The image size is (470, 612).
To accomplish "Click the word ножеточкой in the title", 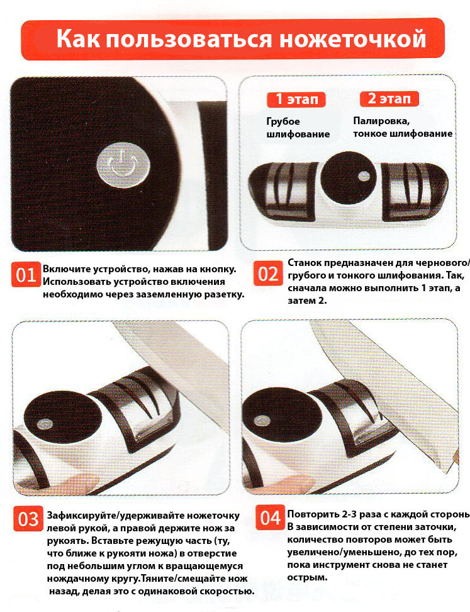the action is click(x=353, y=40).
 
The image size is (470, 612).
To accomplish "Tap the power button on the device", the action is click(x=123, y=165).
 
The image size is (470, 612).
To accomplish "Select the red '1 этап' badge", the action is click(x=296, y=99).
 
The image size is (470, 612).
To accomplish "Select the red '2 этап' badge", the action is click(x=389, y=98).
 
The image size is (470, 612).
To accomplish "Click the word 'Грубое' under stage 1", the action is click(x=283, y=122).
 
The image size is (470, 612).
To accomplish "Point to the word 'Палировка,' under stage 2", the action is click(x=381, y=121).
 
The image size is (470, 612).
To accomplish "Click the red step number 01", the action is click(x=26, y=275).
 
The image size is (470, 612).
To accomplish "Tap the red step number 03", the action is click(x=28, y=519).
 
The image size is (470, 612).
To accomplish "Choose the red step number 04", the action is click(x=271, y=517).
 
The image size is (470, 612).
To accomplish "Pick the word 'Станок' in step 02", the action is click(x=305, y=263).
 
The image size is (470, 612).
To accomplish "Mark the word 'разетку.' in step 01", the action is click(x=225, y=295).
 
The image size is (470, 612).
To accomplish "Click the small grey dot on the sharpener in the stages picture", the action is click(x=364, y=176).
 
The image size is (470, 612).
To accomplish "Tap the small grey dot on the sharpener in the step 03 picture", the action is click(x=45, y=424).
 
